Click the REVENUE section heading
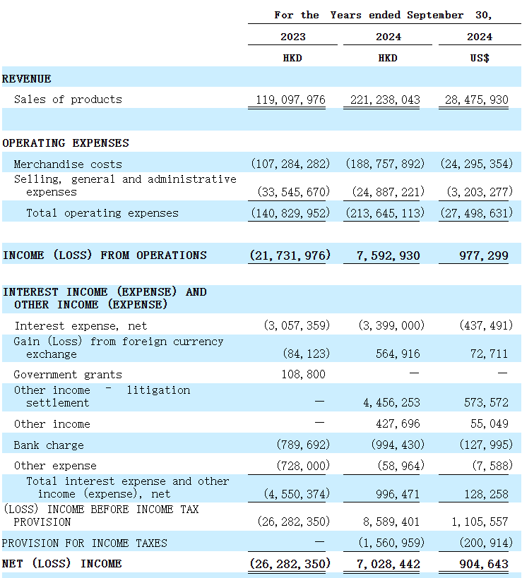[27, 79]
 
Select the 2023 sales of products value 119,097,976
[290, 100]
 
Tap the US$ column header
[480, 58]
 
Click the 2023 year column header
[292, 37]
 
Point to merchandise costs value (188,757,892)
[385, 164]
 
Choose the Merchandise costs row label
[68, 164]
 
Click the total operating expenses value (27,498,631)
[476, 213]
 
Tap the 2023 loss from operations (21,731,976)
[290, 255]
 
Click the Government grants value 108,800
[303, 374]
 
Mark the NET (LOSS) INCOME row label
[62, 564]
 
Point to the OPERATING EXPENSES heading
[66, 143]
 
